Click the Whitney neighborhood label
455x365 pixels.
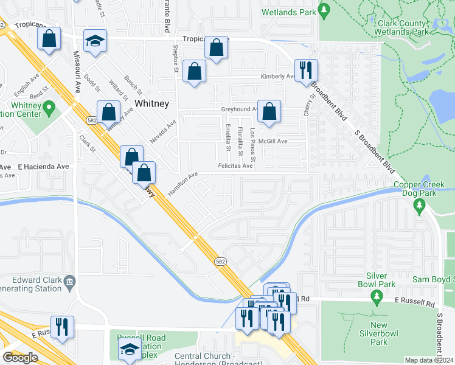[151, 103]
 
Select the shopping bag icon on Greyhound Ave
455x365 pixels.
[269, 112]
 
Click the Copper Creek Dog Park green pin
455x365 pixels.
[419, 207]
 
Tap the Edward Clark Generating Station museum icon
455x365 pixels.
[70, 280]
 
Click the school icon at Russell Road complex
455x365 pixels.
[129, 350]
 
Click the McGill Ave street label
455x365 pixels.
[273, 141]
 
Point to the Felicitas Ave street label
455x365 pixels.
[235, 165]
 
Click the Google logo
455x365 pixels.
[20, 358]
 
